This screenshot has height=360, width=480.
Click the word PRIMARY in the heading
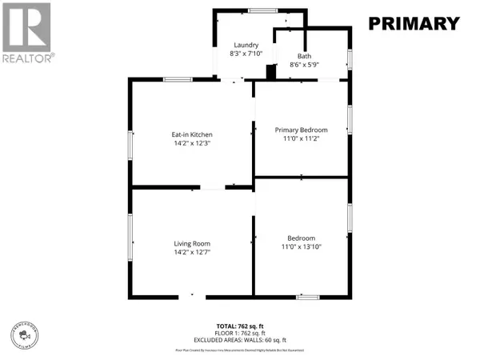coord(414,24)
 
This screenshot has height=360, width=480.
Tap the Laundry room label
coord(245,45)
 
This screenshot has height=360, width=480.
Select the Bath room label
coord(304,56)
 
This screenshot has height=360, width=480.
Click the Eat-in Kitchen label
coord(191,134)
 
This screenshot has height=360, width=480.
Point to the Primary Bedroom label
coord(301,130)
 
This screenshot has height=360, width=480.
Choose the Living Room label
coord(191,243)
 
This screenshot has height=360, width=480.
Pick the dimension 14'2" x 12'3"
coord(191,143)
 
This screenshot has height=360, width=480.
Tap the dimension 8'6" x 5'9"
coord(304,65)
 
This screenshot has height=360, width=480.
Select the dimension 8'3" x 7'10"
coord(245,54)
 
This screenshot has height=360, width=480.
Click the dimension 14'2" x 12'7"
coord(191,252)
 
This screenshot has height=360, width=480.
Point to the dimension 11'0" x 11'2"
coord(301,138)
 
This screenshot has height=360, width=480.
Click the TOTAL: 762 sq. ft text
coord(240,326)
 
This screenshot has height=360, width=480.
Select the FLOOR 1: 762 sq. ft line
coord(240,333)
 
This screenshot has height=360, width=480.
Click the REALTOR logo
coord(28,32)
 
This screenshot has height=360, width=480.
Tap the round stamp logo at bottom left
coord(27,334)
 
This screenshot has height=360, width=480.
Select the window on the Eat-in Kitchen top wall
coord(177,79)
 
